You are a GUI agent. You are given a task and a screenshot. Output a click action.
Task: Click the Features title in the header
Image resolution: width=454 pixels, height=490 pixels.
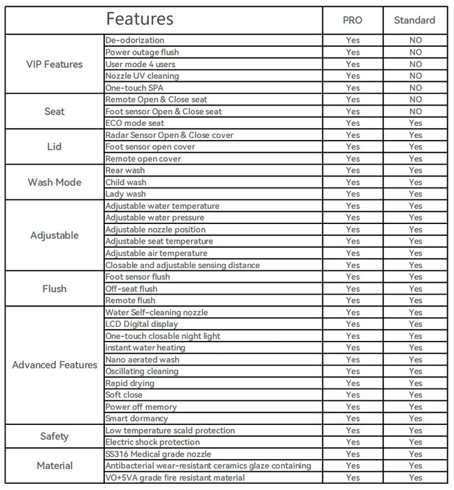[139, 19]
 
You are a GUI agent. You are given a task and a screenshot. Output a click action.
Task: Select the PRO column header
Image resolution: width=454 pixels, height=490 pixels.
[353, 20]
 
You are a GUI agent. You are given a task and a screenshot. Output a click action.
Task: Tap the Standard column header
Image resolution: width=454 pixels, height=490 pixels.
[415, 20]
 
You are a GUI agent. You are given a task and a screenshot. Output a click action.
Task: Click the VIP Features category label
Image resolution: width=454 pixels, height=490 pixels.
[54, 64]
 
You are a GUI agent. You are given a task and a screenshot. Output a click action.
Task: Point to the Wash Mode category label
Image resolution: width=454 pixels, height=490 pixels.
[55, 182]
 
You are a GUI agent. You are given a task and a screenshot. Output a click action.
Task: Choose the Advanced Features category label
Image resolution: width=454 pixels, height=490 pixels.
[55, 365]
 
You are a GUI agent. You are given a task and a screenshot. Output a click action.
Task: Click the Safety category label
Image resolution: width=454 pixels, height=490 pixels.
[55, 436]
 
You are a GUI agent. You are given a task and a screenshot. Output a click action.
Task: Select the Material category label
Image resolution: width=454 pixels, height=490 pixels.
[55, 465]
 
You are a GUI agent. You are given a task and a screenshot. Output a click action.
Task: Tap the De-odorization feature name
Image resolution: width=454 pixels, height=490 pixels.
[135, 41]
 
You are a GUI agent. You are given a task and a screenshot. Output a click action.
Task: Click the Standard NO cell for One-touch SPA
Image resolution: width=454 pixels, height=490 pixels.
[416, 87]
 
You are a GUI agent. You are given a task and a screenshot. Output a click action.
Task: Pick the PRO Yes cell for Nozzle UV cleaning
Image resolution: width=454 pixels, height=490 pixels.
[353, 76]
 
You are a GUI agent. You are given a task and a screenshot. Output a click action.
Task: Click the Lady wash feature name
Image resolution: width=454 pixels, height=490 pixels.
[126, 194]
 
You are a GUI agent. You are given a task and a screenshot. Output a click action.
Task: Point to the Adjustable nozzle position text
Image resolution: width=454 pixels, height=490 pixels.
[155, 230]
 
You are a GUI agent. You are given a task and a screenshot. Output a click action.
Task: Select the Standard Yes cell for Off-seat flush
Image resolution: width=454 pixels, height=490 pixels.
[416, 288]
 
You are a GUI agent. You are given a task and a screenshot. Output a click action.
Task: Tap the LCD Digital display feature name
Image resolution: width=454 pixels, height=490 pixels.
[141, 324]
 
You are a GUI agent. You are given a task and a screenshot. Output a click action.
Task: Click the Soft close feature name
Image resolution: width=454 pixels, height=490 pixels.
[124, 395]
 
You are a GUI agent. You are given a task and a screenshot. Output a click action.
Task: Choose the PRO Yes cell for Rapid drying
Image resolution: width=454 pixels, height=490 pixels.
[353, 383]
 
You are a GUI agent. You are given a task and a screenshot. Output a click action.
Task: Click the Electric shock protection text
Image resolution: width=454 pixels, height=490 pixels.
[152, 442]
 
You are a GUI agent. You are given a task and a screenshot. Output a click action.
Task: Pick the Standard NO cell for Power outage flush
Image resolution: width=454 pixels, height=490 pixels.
[416, 52]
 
